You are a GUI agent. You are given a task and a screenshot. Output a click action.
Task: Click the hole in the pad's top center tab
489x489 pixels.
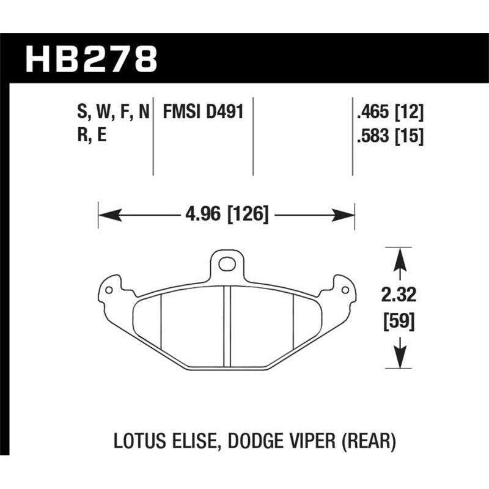[227, 264]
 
